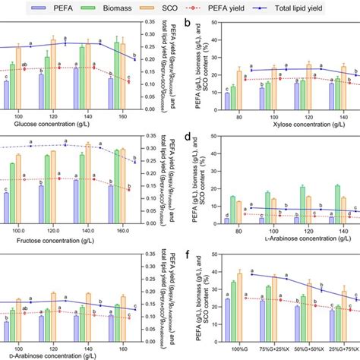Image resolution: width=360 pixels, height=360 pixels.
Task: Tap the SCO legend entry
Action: coord(213,7)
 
